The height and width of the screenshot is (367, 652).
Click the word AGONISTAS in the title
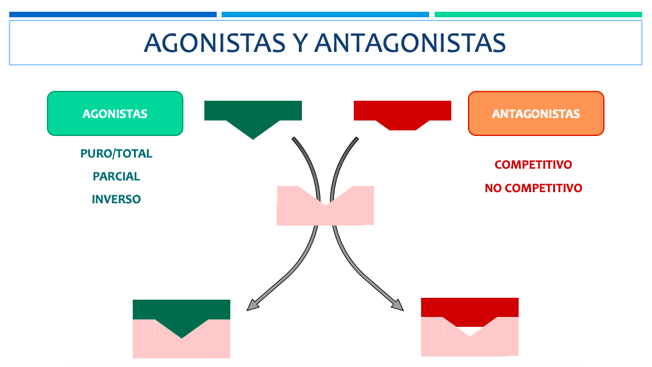(x=215, y=43)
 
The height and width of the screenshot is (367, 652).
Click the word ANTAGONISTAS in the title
(x=410, y=43)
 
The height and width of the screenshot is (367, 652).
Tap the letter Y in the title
(x=300, y=43)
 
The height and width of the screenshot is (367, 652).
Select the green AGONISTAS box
(x=115, y=114)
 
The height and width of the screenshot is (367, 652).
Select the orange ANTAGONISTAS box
(x=536, y=114)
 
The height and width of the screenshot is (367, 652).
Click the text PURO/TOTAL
(x=117, y=154)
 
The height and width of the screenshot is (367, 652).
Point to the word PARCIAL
(x=117, y=177)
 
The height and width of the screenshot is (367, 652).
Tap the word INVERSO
(x=117, y=200)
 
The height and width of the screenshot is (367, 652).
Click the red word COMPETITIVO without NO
(x=533, y=165)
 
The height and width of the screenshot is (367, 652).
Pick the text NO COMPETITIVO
(x=533, y=188)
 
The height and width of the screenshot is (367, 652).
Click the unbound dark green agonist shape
(x=253, y=114)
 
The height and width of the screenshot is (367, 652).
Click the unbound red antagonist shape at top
(x=403, y=112)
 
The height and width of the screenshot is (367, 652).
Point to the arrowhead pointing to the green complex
(x=253, y=305)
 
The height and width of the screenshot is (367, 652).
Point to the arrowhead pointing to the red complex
(x=398, y=305)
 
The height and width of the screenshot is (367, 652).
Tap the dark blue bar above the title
(x=113, y=15)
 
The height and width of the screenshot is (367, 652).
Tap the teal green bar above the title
(x=538, y=15)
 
